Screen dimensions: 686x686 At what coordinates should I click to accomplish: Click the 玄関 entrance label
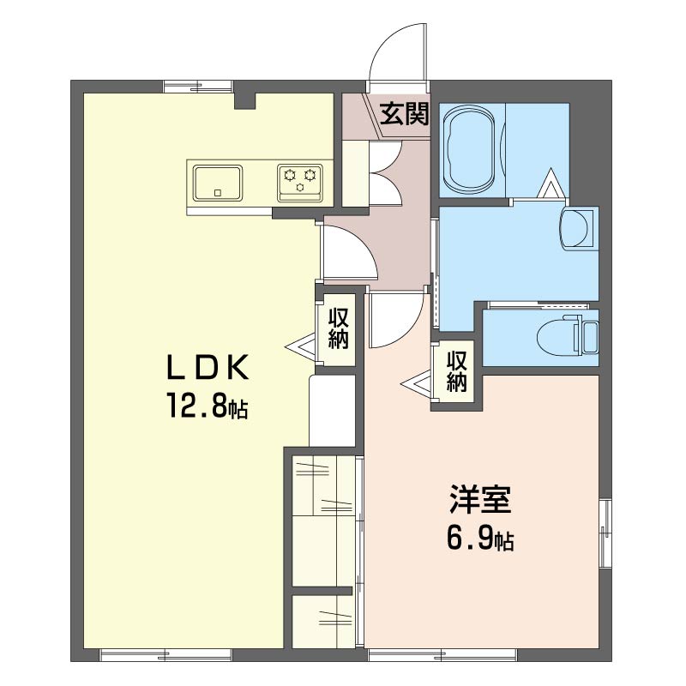[404, 115]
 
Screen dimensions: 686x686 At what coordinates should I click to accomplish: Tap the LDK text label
[208, 367]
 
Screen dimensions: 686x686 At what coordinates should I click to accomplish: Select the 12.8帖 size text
[207, 405]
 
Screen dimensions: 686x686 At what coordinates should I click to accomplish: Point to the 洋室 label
[480, 500]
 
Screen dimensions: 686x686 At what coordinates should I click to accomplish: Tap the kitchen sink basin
[218, 184]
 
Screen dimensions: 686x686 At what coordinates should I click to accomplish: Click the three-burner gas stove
[300, 184]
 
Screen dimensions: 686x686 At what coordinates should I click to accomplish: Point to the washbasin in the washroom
[576, 229]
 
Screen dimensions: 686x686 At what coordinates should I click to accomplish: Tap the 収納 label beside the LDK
[339, 328]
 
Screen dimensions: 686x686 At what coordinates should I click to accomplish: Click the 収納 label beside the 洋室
[457, 371]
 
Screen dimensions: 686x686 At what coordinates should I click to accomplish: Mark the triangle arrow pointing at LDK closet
[300, 347]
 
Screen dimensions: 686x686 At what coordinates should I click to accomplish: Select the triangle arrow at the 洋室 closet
[416, 384]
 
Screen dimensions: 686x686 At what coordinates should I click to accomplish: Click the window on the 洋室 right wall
[605, 533]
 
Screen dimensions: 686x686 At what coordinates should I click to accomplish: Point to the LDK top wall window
[199, 87]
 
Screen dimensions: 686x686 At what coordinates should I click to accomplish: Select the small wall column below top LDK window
[244, 100]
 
